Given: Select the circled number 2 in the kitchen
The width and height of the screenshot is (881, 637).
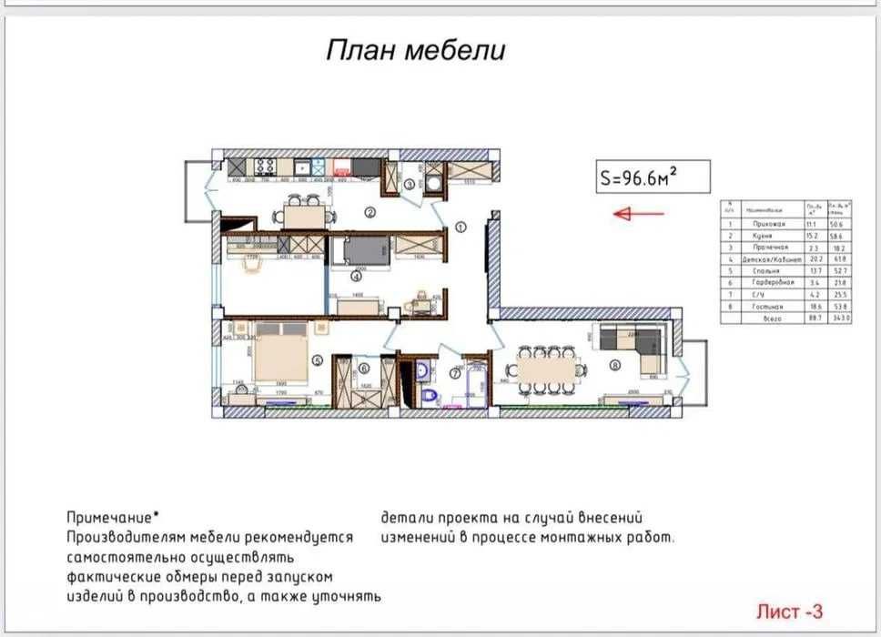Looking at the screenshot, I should pos(370,214).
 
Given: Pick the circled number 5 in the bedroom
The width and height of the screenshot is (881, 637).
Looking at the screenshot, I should pos(317,360).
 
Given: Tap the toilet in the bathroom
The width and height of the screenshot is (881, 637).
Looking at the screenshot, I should pos(431,394).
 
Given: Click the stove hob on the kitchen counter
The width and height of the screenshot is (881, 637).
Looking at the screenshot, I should pos(266,167).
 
